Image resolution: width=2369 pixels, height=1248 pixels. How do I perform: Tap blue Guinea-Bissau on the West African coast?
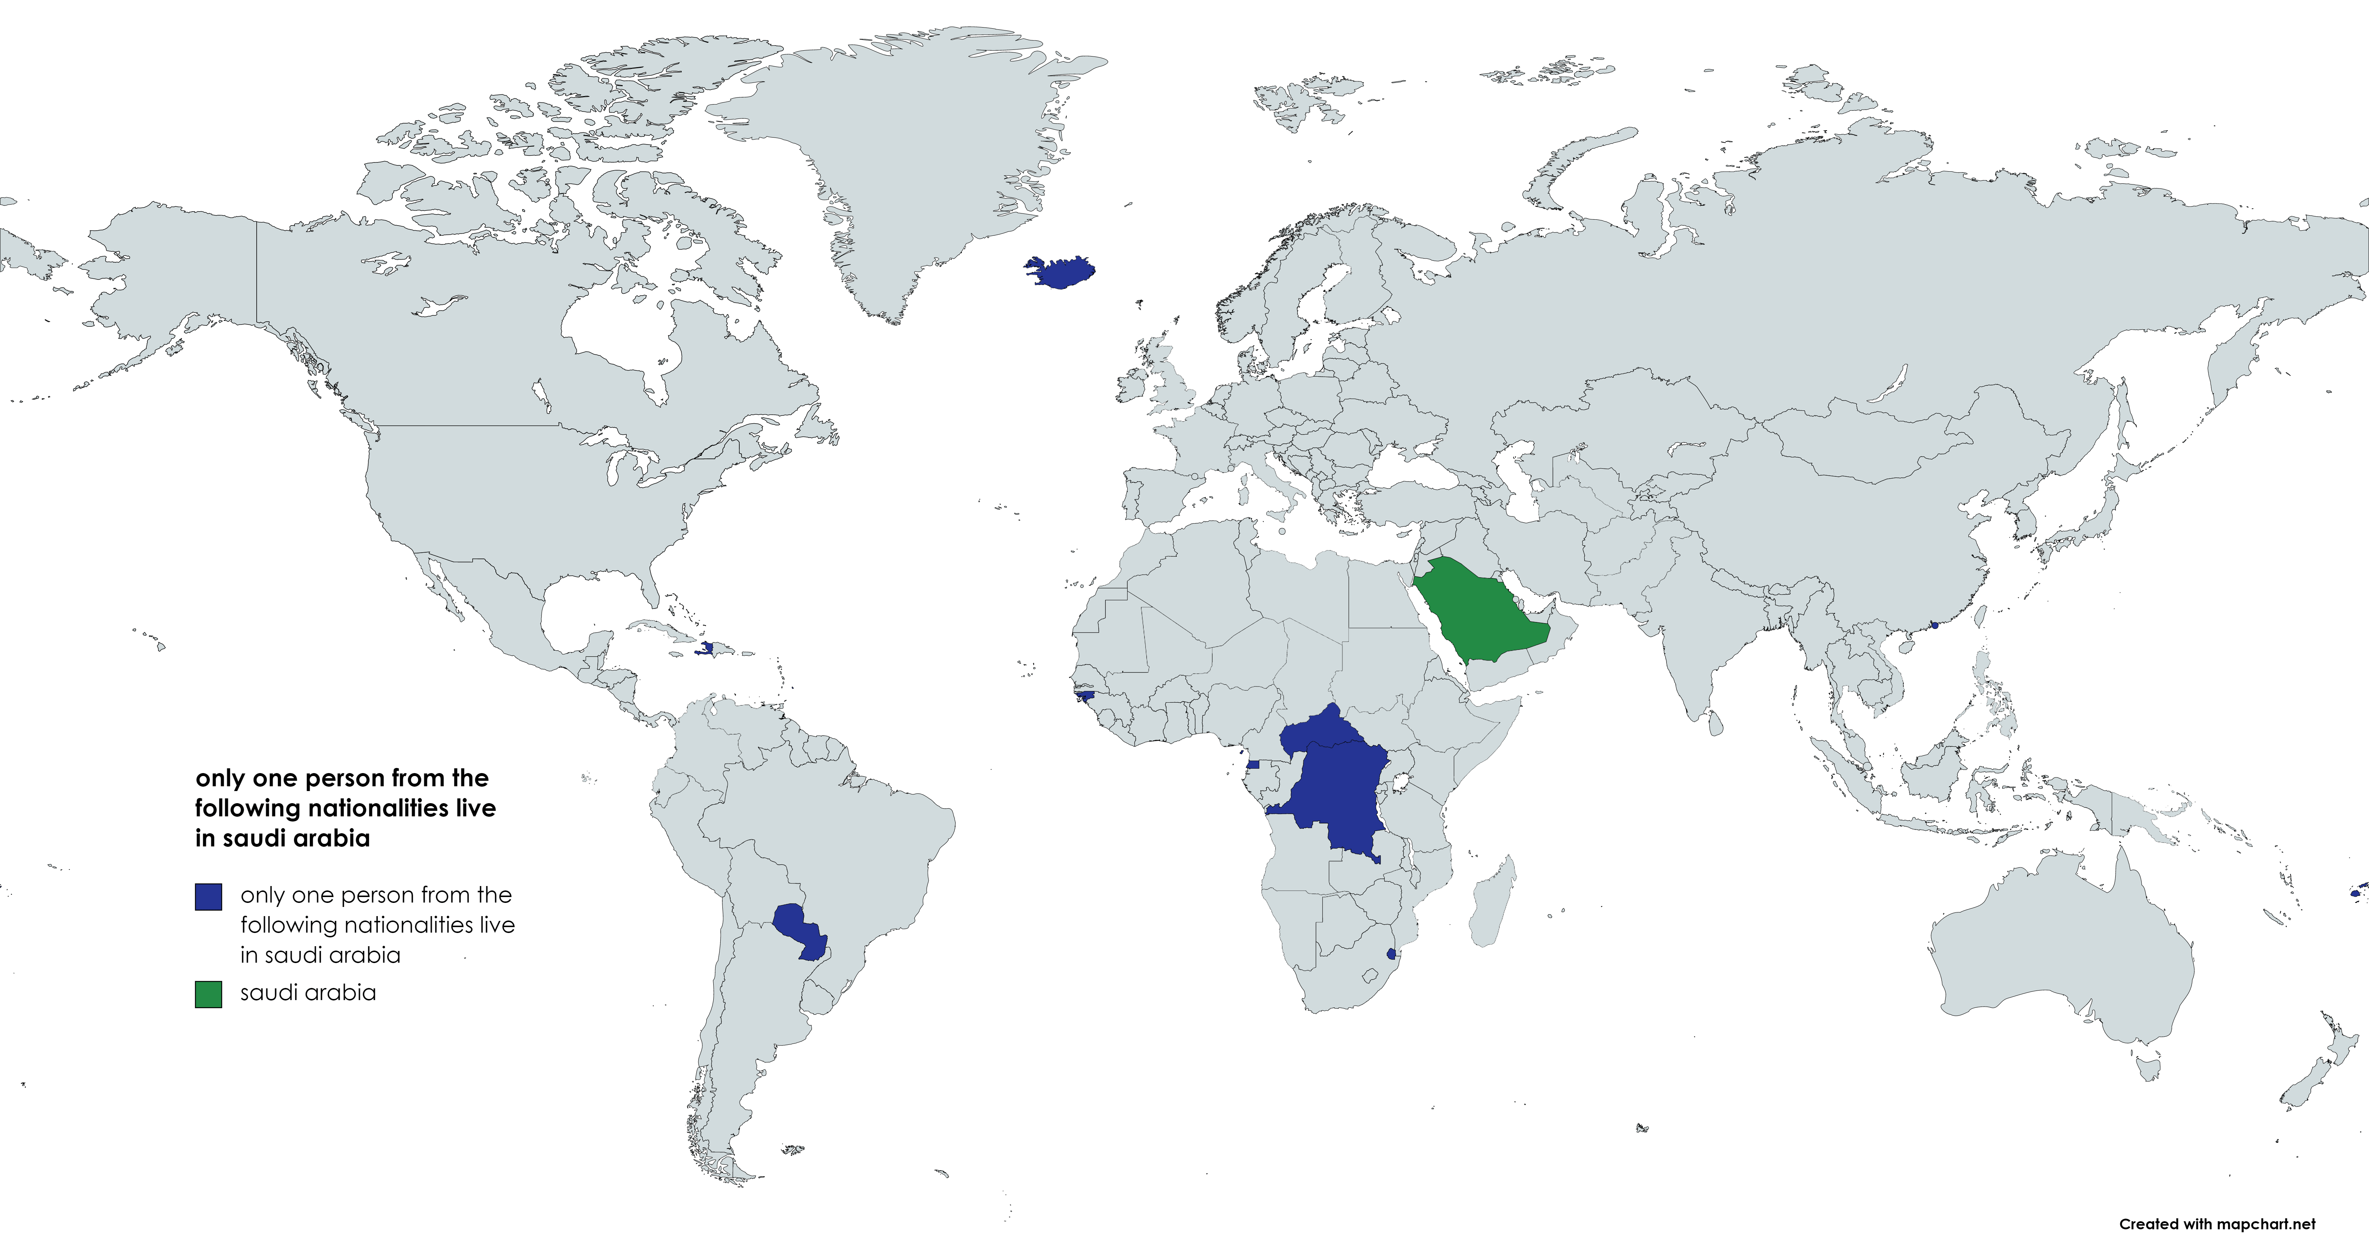click(x=1087, y=697)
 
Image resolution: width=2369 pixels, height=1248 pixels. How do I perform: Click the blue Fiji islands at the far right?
click(x=2357, y=892)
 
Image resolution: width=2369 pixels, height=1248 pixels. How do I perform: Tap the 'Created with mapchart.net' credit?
click(x=2216, y=1224)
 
